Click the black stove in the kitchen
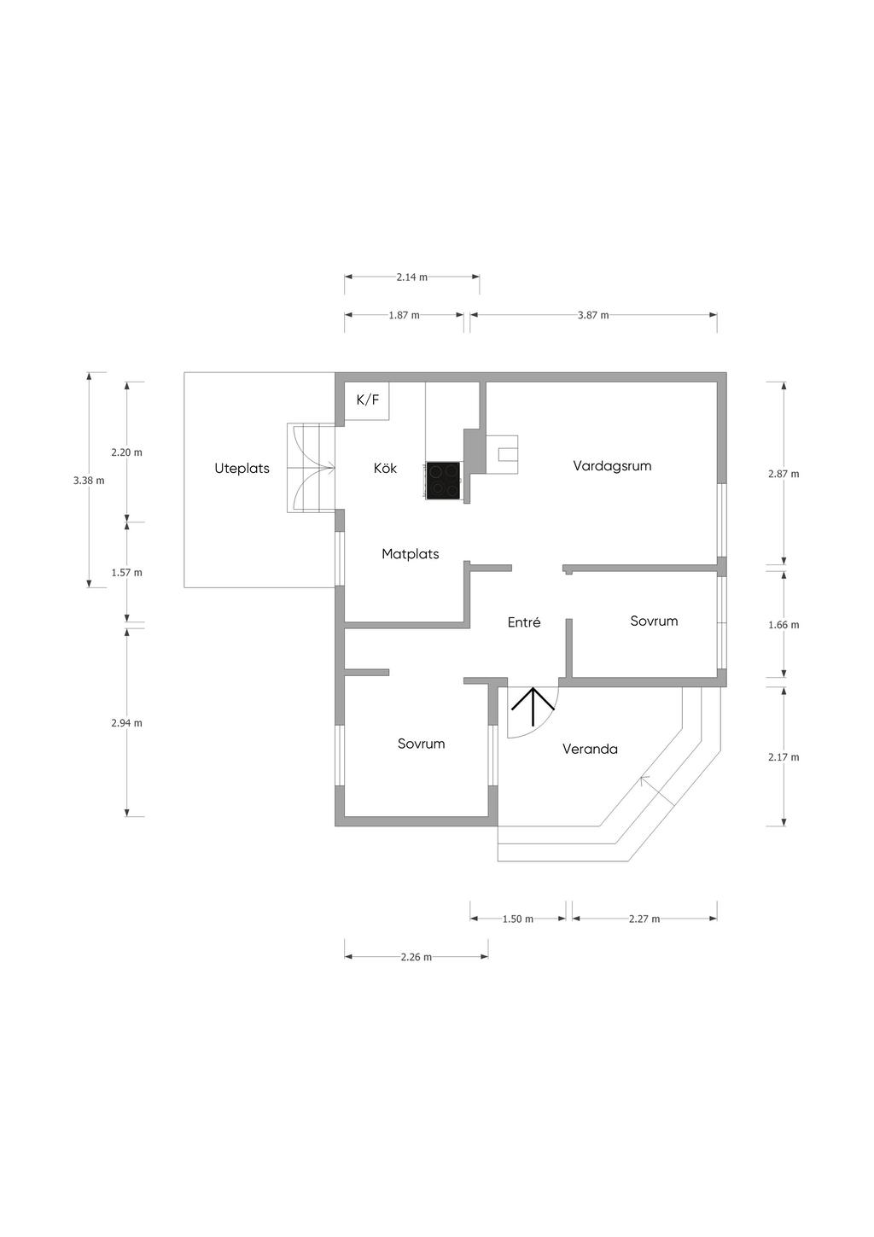click(443, 480)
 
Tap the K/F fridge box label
click(368, 400)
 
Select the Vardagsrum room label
click(612, 465)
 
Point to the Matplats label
click(411, 553)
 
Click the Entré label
click(523, 621)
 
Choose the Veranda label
click(590, 749)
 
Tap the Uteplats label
click(242, 469)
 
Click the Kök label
click(385, 468)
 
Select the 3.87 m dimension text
click(593, 315)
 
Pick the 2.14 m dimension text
click(411, 277)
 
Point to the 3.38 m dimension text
click(88, 481)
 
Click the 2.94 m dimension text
click(126, 723)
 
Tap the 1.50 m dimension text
click(517, 919)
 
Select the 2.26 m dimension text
click(417, 957)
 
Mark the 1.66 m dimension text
click(784, 625)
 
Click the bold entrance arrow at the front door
click(533, 707)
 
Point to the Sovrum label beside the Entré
click(654, 621)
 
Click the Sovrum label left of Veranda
click(421, 744)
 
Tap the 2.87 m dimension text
click(784, 474)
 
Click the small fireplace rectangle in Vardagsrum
click(509, 454)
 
